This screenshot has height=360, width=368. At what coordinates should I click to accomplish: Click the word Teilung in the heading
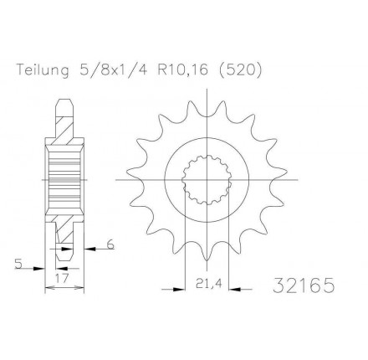pos(43,70)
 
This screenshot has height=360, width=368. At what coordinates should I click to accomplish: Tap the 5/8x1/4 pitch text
pos(114,70)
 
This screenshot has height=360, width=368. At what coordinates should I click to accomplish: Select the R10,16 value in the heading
pos(183,70)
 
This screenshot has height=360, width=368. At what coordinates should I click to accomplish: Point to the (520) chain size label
pos(239,70)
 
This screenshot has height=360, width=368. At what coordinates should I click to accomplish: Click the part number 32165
pos(303,285)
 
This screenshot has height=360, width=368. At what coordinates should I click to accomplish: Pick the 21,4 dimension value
pos(207,284)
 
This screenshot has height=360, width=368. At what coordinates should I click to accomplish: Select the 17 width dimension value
pos(62,278)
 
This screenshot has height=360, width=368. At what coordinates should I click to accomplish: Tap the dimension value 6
pos(110,244)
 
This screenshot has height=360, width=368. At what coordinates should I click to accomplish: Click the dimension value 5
pos(18,264)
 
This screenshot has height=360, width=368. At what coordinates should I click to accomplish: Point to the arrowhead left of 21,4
pos(179,290)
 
